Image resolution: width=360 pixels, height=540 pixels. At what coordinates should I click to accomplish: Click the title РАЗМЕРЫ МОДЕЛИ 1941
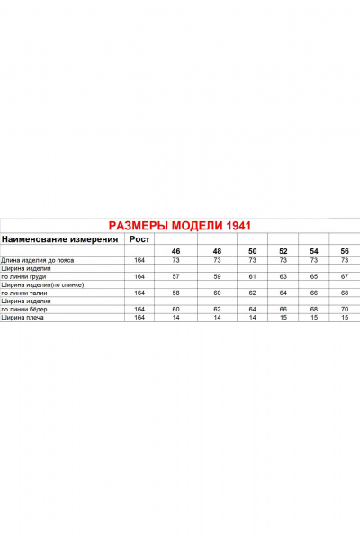click(x=179, y=226)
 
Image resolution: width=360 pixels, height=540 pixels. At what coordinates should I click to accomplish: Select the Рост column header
click(x=139, y=239)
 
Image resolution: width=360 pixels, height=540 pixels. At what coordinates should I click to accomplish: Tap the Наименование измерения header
click(x=60, y=239)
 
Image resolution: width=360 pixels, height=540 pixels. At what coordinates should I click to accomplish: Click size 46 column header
click(x=176, y=251)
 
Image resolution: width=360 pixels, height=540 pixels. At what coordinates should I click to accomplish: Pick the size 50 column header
click(x=253, y=251)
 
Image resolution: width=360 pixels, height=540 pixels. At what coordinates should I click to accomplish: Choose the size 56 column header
click(x=344, y=251)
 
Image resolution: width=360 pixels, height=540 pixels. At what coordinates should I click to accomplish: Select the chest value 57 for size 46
click(x=176, y=276)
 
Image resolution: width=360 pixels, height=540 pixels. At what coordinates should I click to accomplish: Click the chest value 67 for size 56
click(x=344, y=276)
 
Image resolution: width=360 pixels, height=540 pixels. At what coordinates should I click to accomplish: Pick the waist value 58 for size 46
click(x=176, y=292)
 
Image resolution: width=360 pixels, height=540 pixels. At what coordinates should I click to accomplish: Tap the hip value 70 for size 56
click(x=344, y=309)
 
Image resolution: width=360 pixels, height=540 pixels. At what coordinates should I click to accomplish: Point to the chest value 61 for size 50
click(x=253, y=276)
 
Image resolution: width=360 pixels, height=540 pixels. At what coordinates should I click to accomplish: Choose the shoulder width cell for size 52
click(x=283, y=317)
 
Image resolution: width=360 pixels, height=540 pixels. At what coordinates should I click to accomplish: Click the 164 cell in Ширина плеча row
click(x=139, y=317)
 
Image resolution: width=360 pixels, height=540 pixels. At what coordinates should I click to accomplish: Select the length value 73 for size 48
click(x=217, y=260)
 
